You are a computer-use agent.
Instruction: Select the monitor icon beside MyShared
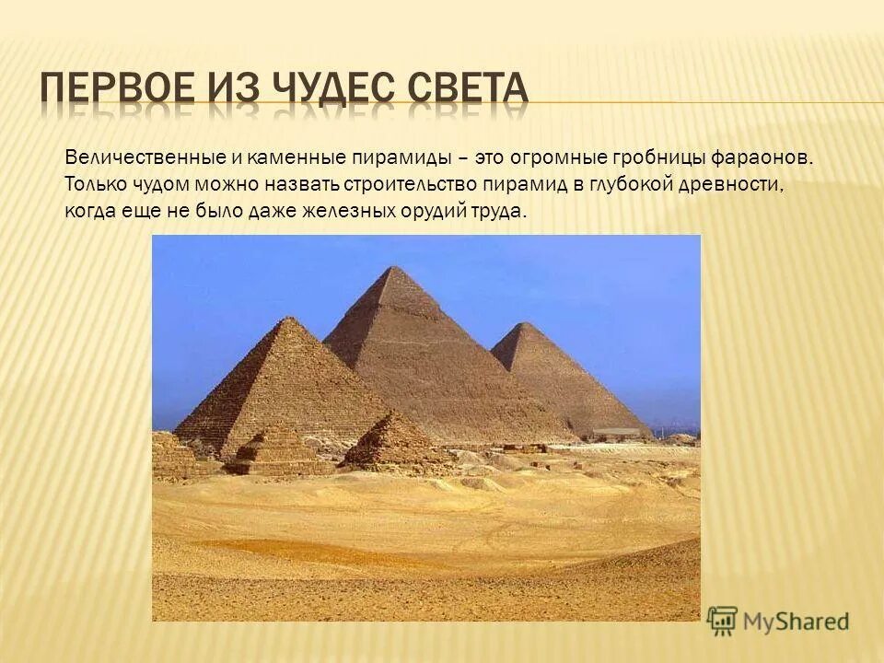723,621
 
